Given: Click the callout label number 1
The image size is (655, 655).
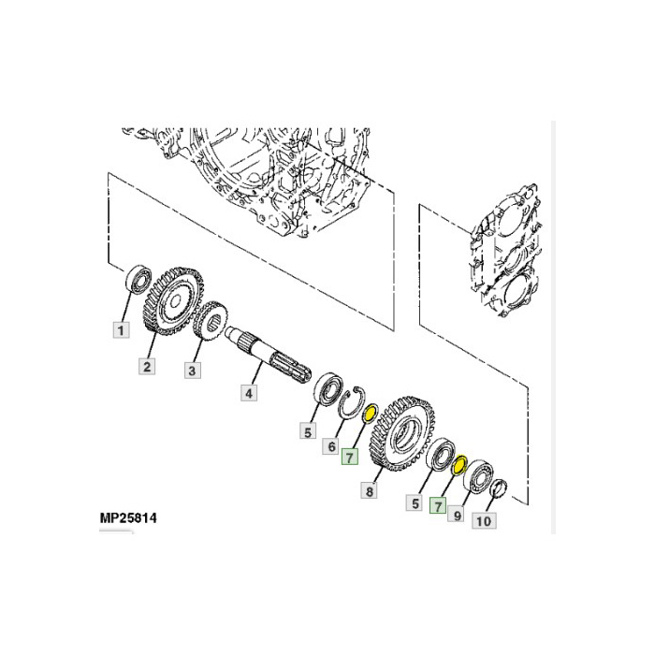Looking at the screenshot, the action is click(x=121, y=330).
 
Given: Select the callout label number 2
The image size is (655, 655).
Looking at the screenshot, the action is click(x=147, y=367).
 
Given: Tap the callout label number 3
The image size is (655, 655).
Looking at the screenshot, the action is click(x=192, y=371).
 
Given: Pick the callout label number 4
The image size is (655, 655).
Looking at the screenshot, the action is click(x=249, y=393).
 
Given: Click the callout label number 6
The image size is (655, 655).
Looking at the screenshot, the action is click(x=331, y=446).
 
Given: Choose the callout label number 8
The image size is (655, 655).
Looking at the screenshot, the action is click(x=369, y=490).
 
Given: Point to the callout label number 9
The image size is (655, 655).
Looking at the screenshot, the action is click(x=457, y=515).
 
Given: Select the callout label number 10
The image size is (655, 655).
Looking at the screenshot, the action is click(x=484, y=520).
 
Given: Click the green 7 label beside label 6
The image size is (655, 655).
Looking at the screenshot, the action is click(x=350, y=457).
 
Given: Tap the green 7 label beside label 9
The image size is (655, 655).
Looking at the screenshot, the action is click(x=438, y=505).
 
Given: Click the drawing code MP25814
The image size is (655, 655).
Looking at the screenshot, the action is click(x=128, y=518).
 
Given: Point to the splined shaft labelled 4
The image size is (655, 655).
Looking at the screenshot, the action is click(x=269, y=354).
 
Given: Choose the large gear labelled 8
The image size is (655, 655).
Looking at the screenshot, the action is click(x=401, y=433).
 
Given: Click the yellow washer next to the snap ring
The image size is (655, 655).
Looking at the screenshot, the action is click(x=370, y=414).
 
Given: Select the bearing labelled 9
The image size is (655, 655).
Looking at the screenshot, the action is click(x=479, y=475).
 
